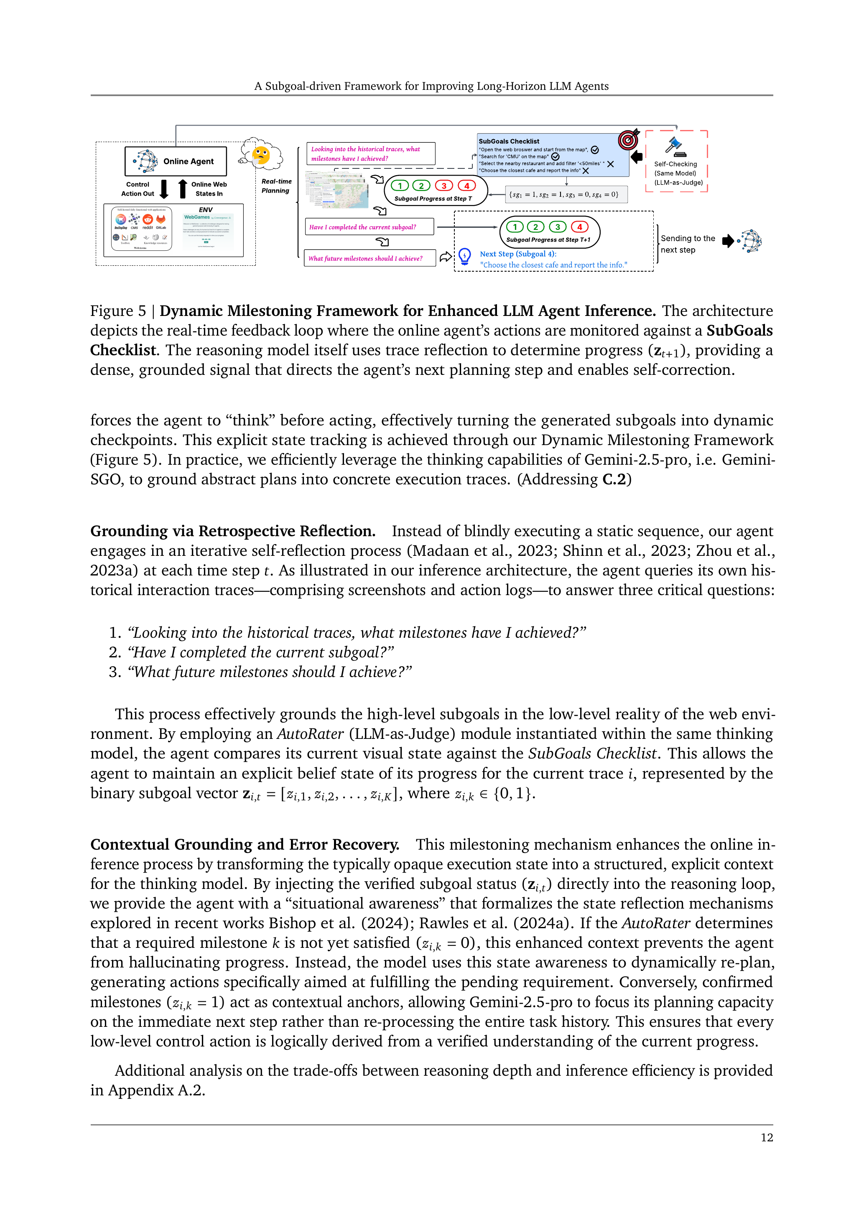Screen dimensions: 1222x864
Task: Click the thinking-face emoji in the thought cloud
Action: [x=261, y=155]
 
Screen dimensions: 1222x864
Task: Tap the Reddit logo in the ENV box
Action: [x=148, y=219]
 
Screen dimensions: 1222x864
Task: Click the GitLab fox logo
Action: [x=161, y=219]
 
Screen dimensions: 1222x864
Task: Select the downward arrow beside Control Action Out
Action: [x=165, y=188]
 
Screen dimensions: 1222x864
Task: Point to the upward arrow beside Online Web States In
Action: [x=183, y=188]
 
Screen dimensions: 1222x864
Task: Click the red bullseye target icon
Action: [x=628, y=140]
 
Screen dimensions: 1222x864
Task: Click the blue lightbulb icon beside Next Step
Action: [x=465, y=256]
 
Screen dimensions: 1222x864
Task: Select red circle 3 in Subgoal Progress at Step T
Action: [x=444, y=186]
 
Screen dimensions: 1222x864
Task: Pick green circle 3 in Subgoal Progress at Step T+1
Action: [x=557, y=227]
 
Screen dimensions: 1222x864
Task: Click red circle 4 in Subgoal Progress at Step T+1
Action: [x=580, y=227]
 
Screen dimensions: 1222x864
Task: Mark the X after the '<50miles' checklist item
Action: [x=611, y=164]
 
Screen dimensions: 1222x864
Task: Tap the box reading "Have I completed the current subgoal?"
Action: [x=369, y=227]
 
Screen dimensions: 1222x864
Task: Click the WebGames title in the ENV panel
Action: [x=197, y=217]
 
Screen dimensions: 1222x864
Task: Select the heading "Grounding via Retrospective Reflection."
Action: [x=233, y=531]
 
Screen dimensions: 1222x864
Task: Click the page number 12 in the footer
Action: [x=767, y=1138]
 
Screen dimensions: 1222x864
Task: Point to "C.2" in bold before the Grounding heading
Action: [x=614, y=479]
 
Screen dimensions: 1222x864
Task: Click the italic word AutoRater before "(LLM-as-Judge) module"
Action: [x=310, y=734]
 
